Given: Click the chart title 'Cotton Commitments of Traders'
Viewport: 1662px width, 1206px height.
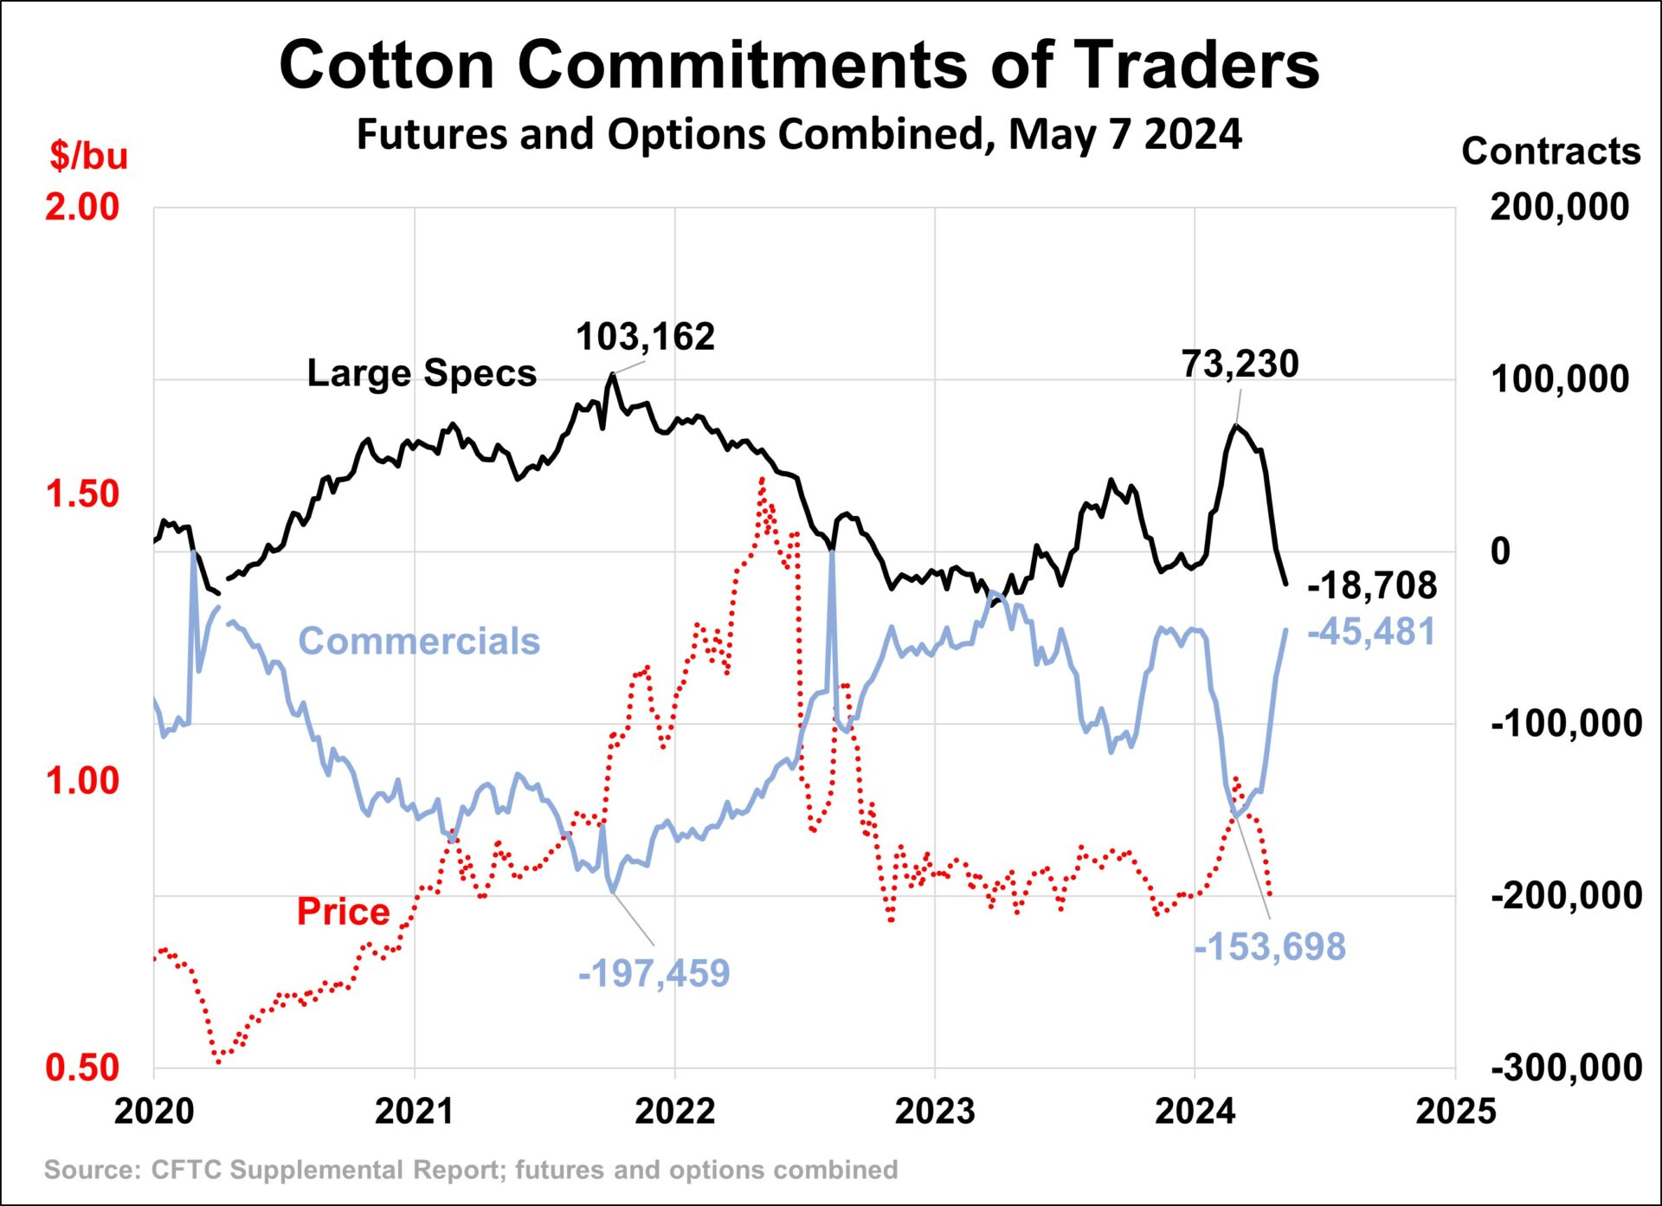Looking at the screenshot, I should click(798, 65).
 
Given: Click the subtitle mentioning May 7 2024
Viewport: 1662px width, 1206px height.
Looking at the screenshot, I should click(798, 135).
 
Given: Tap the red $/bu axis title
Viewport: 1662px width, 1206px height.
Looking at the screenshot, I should click(88, 156).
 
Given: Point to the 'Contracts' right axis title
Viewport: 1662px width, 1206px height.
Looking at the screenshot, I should click(1550, 152).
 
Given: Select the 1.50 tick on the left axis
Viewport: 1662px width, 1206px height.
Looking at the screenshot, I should click(82, 494).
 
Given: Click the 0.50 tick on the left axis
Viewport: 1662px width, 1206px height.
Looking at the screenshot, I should click(82, 1068).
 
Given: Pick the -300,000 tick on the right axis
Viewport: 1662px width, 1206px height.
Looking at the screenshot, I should click(1566, 1067).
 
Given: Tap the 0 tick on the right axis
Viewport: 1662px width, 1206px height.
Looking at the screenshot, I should click(1500, 551).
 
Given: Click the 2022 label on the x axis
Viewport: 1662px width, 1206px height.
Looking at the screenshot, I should click(674, 1112).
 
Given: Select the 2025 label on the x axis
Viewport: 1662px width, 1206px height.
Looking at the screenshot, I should click(1455, 1112).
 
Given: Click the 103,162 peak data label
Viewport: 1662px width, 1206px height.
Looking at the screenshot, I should click(645, 338).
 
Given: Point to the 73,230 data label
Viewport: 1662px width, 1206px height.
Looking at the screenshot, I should click(1240, 364).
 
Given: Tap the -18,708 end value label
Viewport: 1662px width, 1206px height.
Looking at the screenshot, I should click(1372, 586).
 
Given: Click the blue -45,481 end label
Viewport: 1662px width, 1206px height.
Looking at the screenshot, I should click(1371, 632).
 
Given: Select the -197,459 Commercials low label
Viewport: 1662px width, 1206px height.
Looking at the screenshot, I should click(654, 974).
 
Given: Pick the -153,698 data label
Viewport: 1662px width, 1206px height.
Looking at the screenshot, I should click(1270, 947).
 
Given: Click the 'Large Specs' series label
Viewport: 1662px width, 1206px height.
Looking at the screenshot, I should click(422, 374).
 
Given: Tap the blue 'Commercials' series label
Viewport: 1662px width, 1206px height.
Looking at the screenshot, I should click(419, 642).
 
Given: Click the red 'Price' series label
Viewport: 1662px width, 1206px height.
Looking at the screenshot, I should click(343, 913).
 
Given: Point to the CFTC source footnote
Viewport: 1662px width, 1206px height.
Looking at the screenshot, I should click(471, 1171).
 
